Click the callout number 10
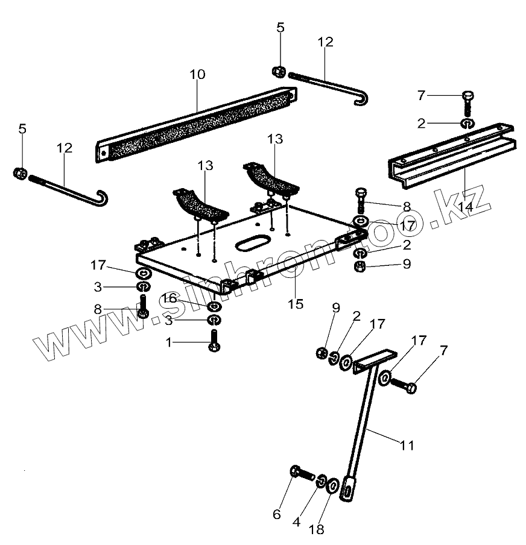(x=197, y=75)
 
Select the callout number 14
(x=464, y=206)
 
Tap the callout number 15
(x=296, y=304)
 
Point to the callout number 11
(x=407, y=446)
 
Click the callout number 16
(x=168, y=298)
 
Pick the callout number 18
(x=317, y=529)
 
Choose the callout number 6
(x=277, y=514)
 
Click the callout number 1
(x=170, y=342)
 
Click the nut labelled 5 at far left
(x=19, y=173)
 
